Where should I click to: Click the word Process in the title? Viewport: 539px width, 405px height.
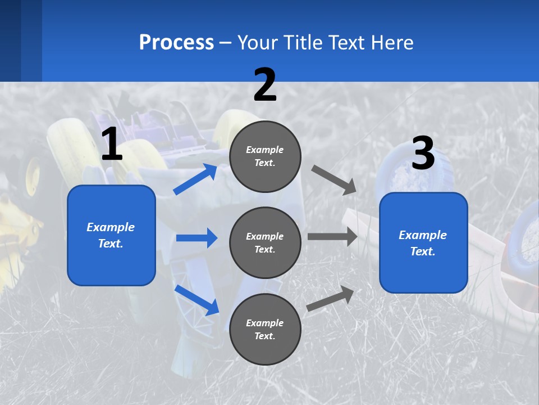coord(176,43)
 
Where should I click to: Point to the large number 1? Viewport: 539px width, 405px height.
coord(112,145)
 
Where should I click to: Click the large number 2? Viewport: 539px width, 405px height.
coord(265,85)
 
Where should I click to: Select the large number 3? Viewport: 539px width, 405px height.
coord(423,154)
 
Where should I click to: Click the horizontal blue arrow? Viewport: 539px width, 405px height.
coord(197,238)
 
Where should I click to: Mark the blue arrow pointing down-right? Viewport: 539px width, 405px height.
coord(197,299)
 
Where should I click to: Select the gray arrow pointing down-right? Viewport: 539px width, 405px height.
coord(334,179)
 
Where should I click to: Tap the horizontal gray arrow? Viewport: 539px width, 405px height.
coord(332,237)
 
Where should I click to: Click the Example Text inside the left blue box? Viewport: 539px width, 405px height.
coord(111,235)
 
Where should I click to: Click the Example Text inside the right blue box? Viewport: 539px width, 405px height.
coord(423,243)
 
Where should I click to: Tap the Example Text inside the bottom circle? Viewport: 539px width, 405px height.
coord(264,329)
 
